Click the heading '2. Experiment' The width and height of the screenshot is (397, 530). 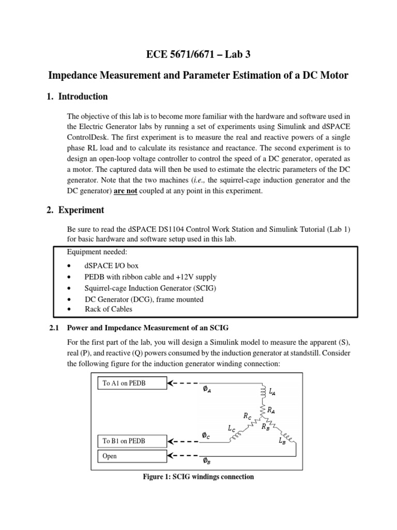pyautogui.click(x=80, y=210)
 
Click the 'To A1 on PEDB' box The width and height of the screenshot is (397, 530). pyautogui.click(x=132, y=384)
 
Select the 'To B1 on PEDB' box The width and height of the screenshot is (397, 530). pyautogui.click(x=132, y=441)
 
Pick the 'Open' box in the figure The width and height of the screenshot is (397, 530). pyautogui.click(x=132, y=456)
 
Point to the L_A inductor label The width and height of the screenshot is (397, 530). pyautogui.click(x=272, y=393)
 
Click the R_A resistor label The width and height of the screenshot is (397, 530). pyautogui.click(x=271, y=409)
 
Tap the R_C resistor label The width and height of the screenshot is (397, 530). pyautogui.click(x=248, y=415)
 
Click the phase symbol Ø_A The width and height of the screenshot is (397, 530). pyautogui.click(x=207, y=391)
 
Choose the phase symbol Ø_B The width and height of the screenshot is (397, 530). pyautogui.click(x=207, y=460)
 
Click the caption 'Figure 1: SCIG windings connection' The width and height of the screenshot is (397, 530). pyautogui.click(x=198, y=476)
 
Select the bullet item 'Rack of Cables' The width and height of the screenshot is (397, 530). pyautogui.click(x=109, y=309)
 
